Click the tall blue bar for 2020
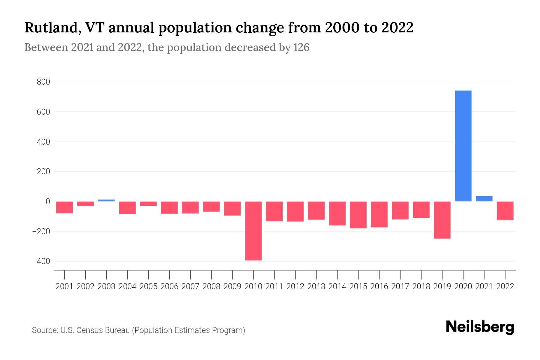click(x=463, y=146)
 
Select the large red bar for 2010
click(x=253, y=231)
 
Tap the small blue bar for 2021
click(x=484, y=199)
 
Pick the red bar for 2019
click(x=442, y=220)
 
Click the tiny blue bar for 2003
click(x=106, y=200)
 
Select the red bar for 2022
click(x=505, y=211)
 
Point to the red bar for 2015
click(x=358, y=215)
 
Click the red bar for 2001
click(x=64, y=207)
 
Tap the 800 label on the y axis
click(x=43, y=82)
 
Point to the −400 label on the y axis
click(x=41, y=261)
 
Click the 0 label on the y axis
click(x=47, y=202)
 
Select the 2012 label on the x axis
click(x=295, y=286)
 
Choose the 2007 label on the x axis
click(x=190, y=286)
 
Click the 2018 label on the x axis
click(x=421, y=286)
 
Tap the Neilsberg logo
click(x=480, y=327)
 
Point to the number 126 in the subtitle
click(x=301, y=47)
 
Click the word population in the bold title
click(x=195, y=28)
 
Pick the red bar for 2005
click(x=148, y=204)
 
